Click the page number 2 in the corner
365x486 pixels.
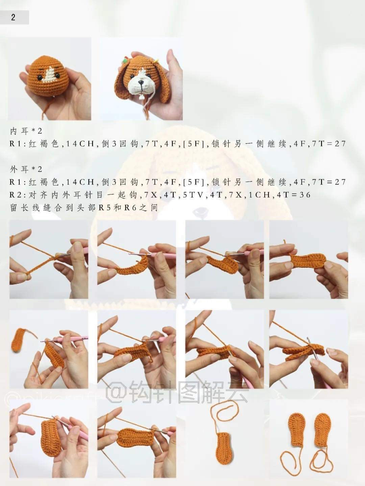point(13,18)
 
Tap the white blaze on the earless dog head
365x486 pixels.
point(50,75)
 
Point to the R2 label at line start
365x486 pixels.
point(16,195)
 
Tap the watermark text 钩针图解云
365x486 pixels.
point(189,392)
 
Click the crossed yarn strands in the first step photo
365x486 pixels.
point(52,258)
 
